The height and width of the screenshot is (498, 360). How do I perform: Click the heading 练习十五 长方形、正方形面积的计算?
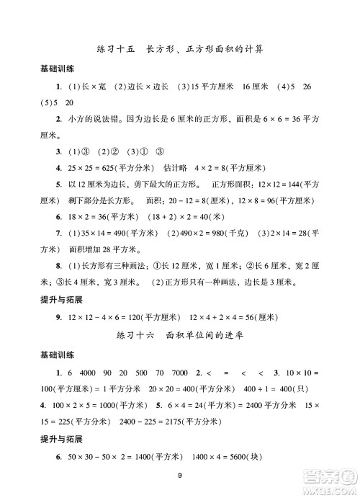pos(179,50)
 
